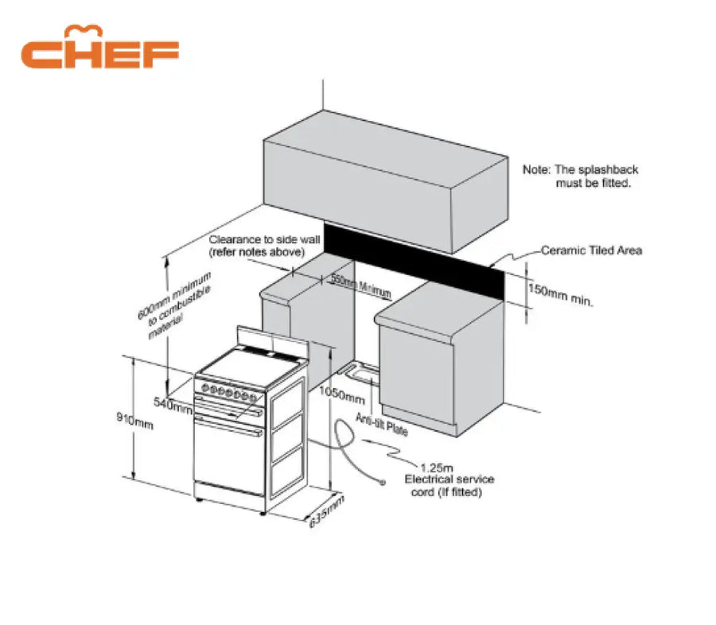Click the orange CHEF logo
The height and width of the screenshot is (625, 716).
100,49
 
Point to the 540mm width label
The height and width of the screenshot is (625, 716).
173,405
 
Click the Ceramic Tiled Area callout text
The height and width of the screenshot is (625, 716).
591,250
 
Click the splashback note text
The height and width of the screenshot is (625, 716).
580,177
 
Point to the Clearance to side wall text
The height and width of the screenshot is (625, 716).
256,246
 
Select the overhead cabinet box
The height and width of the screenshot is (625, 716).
385,183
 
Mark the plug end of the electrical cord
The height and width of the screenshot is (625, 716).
383,483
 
